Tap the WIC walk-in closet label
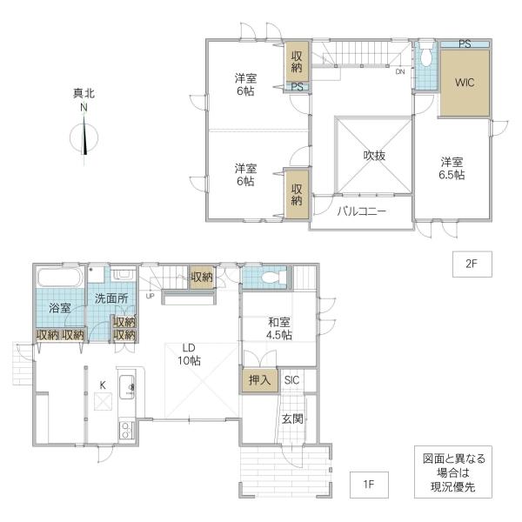tap(465, 84)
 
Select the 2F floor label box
tap(471, 262)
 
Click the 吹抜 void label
tap(374, 156)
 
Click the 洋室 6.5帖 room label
tap(451, 168)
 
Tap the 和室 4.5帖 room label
tap(278, 328)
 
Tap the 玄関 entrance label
tap(291, 418)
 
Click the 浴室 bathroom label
tap(59, 308)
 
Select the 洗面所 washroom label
tap(110, 298)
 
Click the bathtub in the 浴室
tap(59, 278)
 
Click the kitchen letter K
tap(102, 385)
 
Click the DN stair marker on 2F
tap(399, 72)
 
